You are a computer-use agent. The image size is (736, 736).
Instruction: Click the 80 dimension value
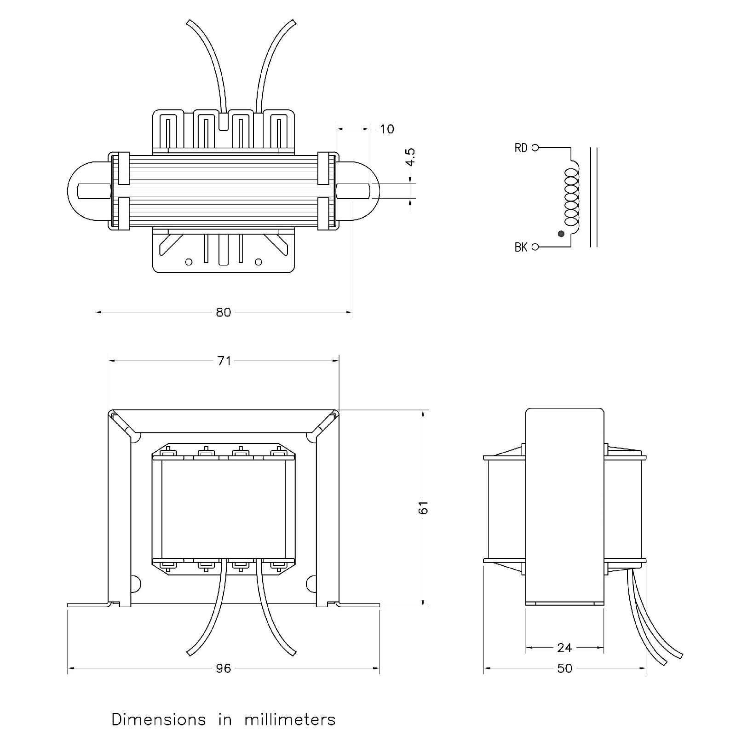pos(223,312)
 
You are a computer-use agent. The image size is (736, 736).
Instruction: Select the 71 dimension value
pos(224,361)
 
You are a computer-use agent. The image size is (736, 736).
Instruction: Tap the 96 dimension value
pos(223,668)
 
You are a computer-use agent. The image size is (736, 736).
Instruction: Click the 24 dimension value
pos(564,648)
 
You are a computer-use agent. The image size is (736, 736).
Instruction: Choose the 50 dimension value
pos(564,668)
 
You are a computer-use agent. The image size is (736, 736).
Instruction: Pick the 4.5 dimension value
pos(410,157)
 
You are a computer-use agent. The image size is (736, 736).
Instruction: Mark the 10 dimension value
pos(387,129)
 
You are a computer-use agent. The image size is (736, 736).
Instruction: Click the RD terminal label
pos(521,148)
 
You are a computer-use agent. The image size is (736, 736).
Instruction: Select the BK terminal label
pos(521,247)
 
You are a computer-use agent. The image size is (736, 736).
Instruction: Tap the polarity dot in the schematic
pos(560,234)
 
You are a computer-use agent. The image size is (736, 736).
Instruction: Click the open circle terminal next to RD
pos(535,148)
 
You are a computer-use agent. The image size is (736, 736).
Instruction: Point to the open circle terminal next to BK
pos(535,247)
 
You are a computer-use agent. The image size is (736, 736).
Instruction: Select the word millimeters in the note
pos(290,719)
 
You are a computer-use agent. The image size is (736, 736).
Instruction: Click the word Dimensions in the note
pos(159,719)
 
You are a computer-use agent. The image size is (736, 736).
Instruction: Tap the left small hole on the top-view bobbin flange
pos(188,262)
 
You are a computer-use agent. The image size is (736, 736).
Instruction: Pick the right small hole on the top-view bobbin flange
pos(259,262)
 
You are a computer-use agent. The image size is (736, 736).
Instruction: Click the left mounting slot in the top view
pos(94,190)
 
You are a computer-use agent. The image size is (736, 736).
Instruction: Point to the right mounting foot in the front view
pos(359,604)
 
